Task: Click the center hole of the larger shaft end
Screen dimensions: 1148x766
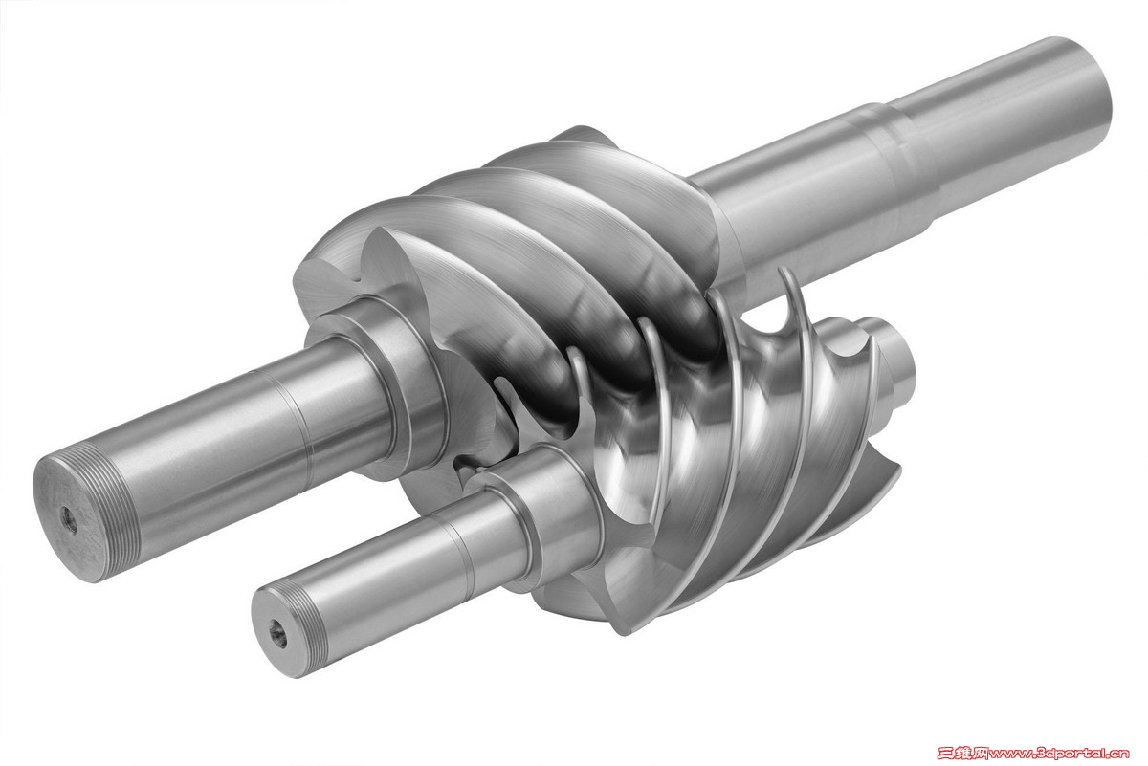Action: [69, 520]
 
